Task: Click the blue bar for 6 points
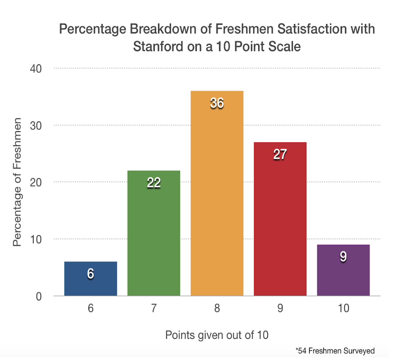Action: (x=91, y=283)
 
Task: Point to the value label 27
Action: (x=280, y=155)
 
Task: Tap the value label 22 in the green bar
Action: (x=154, y=182)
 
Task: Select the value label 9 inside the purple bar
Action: (x=343, y=257)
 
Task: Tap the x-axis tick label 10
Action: (x=343, y=308)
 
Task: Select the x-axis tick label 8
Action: (x=217, y=308)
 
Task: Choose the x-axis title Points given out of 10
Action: (x=217, y=335)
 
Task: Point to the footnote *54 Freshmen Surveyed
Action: (x=335, y=350)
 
